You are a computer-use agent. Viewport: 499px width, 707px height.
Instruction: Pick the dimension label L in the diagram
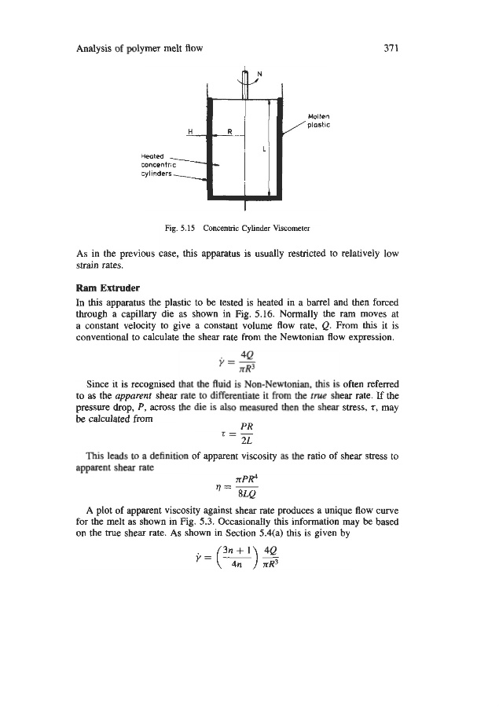pos(259,148)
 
